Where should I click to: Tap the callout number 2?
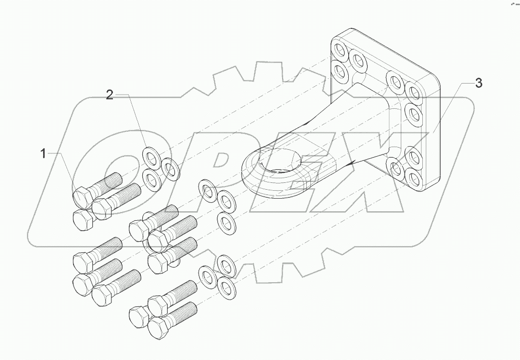click(109, 95)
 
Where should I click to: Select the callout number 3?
click(478, 83)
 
